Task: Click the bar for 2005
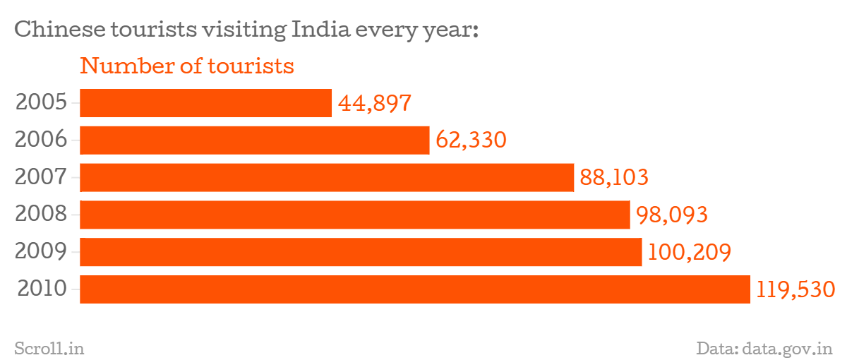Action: pos(205,103)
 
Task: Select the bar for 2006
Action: pos(254,140)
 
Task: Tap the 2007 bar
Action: pos(326,177)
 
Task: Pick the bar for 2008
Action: pos(354,215)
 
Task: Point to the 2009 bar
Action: pos(361,252)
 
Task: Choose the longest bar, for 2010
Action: pos(414,289)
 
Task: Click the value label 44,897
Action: pos(374,104)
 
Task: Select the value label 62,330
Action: pos(471,140)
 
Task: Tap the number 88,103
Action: pos(614,177)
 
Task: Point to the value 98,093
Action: pos(671,215)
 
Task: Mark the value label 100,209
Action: pos(688,252)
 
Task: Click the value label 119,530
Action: pos(795,289)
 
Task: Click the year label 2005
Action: pos(41,103)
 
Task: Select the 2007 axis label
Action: pos(41,177)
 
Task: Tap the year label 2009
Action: pos(41,252)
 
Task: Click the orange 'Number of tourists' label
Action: pos(187,66)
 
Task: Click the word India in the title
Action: pos(318,30)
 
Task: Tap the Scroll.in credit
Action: pos(49,348)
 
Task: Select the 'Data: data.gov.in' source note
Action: pos(764,348)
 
